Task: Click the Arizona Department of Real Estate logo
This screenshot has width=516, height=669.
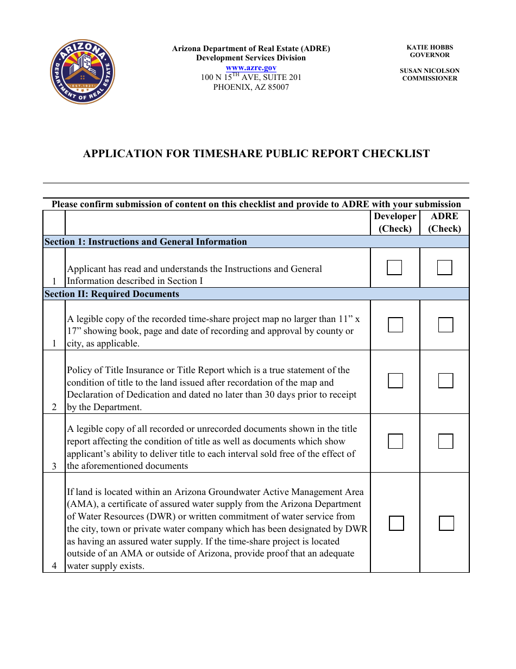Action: click(x=83, y=72)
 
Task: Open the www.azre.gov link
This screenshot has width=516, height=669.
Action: click(x=251, y=67)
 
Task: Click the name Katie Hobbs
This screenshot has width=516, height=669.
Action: click(x=429, y=48)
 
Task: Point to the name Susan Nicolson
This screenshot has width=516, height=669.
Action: click(x=429, y=71)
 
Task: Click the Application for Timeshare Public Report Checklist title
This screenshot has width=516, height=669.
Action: click(x=256, y=154)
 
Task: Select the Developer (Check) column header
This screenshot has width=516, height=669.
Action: click(x=395, y=222)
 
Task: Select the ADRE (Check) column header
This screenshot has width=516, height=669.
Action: click(x=444, y=222)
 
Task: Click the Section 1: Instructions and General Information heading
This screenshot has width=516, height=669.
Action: click(x=146, y=242)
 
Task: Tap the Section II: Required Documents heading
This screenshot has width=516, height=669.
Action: click(x=111, y=294)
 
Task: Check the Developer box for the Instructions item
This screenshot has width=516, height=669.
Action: click(x=394, y=268)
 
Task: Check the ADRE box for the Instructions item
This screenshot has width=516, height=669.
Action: click(x=444, y=268)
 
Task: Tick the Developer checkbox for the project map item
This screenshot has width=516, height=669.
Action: click(x=395, y=325)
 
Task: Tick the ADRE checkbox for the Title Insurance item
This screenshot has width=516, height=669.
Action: click(x=445, y=381)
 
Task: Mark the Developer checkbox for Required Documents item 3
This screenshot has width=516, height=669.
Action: click(x=395, y=441)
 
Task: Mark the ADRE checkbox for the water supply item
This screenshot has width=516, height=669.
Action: click(x=446, y=523)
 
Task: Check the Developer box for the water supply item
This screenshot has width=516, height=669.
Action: click(x=397, y=523)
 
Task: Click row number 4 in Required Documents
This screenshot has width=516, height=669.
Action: click(x=54, y=566)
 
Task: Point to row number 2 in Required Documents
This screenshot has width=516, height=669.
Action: click(x=54, y=407)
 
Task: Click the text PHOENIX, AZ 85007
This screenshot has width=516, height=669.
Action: click(x=251, y=87)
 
